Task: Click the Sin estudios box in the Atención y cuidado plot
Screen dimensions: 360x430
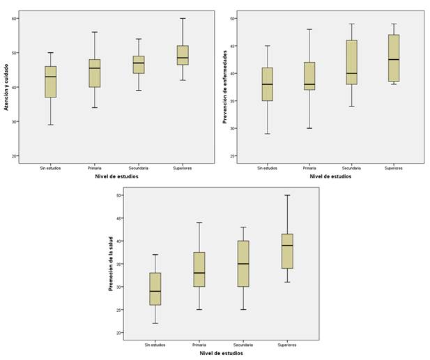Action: click(x=50, y=81)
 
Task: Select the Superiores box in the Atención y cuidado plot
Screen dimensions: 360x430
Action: click(x=182, y=55)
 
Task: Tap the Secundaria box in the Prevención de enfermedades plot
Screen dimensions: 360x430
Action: click(x=351, y=62)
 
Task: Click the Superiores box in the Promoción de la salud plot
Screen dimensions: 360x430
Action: click(x=287, y=251)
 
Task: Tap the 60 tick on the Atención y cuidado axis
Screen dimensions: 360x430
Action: click(x=15, y=18)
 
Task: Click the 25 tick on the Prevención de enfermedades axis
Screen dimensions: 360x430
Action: click(x=233, y=156)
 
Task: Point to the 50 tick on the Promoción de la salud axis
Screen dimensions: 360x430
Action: click(x=119, y=195)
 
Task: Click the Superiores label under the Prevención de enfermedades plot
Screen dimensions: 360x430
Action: click(x=394, y=168)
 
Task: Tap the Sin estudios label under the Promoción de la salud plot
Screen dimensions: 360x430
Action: click(x=155, y=345)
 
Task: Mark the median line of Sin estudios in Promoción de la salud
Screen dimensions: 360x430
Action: click(x=155, y=291)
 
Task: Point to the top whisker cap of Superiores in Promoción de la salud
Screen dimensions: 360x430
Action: click(x=287, y=195)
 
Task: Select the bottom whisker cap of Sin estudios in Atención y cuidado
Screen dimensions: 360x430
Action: click(x=50, y=125)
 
